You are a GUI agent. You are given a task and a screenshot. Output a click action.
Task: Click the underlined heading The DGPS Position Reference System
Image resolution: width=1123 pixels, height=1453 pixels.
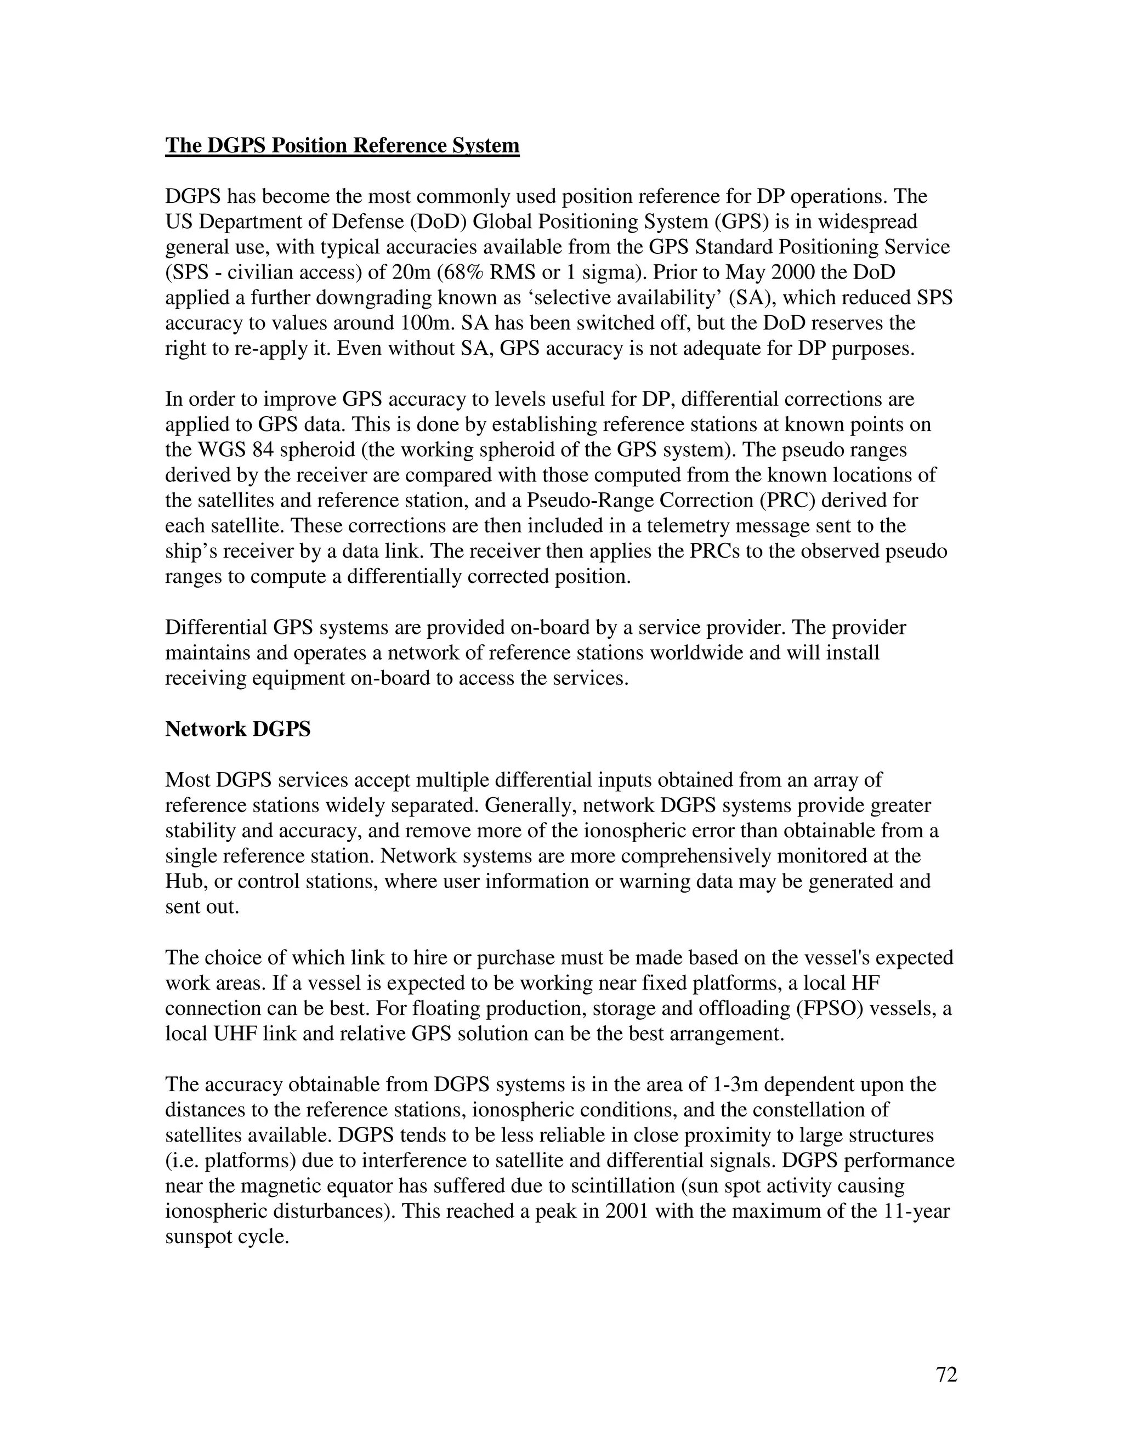pos(342,146)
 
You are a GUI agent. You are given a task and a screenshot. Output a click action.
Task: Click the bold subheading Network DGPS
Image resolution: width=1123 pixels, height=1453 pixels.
pos(237,729)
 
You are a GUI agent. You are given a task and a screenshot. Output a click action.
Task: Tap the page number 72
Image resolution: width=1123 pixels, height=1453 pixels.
pos(946,1375)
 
